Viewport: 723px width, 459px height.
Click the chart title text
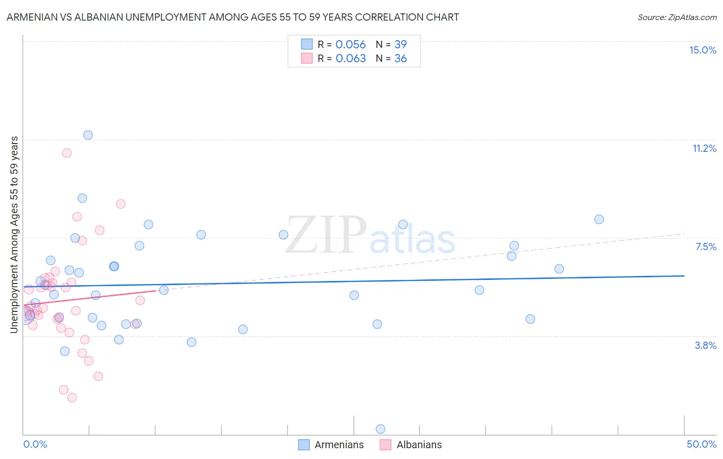(x=232, y=17)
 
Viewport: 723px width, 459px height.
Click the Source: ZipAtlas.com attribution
(x=677, y=17)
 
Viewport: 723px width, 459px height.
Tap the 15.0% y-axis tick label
(x=702, y=50)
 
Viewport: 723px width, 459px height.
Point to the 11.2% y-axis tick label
(x=704, y=148)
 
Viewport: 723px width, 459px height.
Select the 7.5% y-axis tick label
(x=706, y=246)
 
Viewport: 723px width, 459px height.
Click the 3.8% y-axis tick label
(x=706, y=345)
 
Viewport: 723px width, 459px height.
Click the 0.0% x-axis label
(x=35, y=444)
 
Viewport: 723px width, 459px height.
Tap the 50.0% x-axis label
(x=701, y=444)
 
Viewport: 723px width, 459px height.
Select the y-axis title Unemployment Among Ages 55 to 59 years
(x=14, y=235)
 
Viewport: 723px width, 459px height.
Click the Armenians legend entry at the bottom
(x=331, y=445)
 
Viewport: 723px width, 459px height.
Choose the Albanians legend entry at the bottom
(x=411, y=445)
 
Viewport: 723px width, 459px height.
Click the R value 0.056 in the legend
(x=351, y=45)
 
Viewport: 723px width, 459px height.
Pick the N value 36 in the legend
(x=401, y=59)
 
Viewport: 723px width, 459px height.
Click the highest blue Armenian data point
(x=88, y=135)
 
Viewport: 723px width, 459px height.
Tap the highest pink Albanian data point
(x=66, y=153)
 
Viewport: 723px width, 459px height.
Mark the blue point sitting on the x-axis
(x=381, y=429)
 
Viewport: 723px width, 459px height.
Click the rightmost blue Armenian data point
(x=599, y=219)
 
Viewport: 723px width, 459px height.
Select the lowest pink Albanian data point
(x=72, y=397)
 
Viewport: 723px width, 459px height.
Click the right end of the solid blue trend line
(x=684, y=276)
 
